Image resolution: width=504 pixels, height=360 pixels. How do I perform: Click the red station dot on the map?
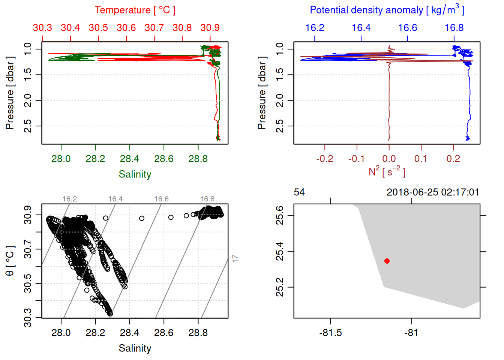[387, 261]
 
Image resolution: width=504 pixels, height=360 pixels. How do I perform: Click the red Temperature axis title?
[135, 10]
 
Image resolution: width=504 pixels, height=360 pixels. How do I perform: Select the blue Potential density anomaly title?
[387, 10]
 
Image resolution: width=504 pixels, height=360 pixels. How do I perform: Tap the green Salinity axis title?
[135, 174]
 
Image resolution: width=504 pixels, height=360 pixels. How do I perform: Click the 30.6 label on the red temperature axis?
[126, 28]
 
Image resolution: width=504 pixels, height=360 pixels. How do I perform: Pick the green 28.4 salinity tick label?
[129, 159]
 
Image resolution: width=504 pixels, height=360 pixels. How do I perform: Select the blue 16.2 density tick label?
[315, 28]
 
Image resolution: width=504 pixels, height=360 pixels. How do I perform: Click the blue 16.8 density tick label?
[454, 28]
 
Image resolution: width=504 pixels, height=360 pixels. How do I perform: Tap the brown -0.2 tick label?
[324, 159]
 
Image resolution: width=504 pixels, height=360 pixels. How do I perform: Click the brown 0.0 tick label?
[389, 159]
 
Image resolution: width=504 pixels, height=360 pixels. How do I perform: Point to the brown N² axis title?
[387, 171]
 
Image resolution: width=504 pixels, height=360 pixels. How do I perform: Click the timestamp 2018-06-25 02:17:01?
[433, 192]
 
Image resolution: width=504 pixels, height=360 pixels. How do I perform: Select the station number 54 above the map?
[299, 192]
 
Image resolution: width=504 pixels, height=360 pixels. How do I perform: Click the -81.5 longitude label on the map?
[330, 333]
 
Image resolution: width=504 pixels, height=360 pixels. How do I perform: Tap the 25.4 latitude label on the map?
[280, 251]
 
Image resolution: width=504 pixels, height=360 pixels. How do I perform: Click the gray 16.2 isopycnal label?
[69, 199]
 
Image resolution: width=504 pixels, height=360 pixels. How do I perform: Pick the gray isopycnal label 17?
[235, 258]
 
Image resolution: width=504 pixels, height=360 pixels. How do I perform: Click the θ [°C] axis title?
[10, 261]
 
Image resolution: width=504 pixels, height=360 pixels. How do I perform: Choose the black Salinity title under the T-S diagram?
[135, 348]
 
